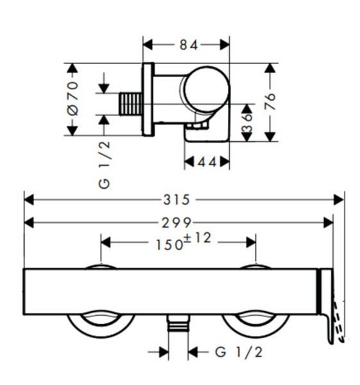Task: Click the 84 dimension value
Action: (189, 46)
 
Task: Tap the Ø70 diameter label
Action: (73, 98)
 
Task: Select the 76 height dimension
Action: (270, 101)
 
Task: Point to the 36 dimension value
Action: (247, 123)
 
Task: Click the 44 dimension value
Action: (207, 162)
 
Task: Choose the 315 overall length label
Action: (176, 200)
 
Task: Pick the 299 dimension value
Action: (176, 223)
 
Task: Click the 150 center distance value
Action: (169, 245)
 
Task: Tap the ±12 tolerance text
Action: (197, 237)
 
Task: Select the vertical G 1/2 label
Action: (104, 165)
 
